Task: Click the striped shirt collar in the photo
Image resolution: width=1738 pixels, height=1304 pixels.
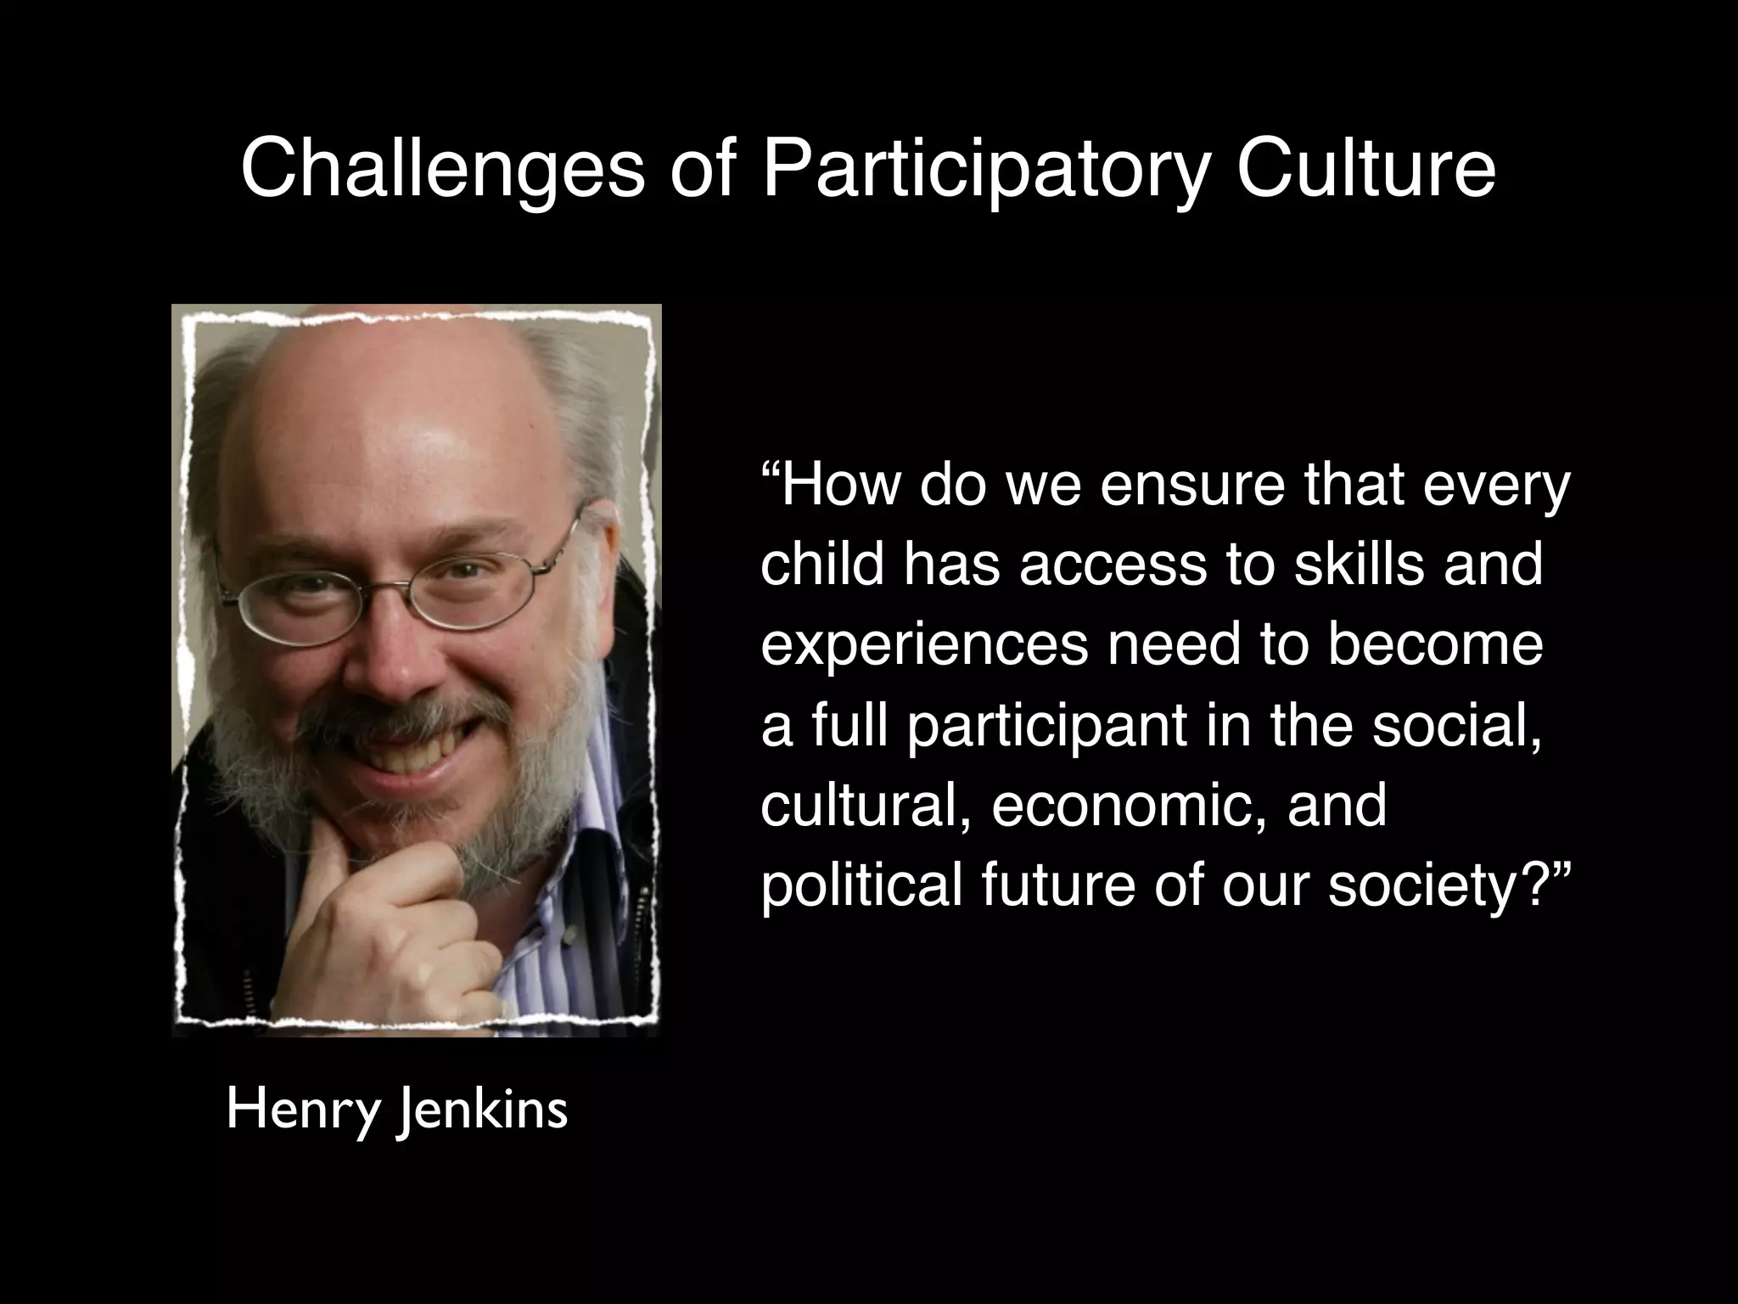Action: [594, 764]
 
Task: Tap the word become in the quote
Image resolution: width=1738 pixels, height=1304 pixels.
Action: [1435, 645]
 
